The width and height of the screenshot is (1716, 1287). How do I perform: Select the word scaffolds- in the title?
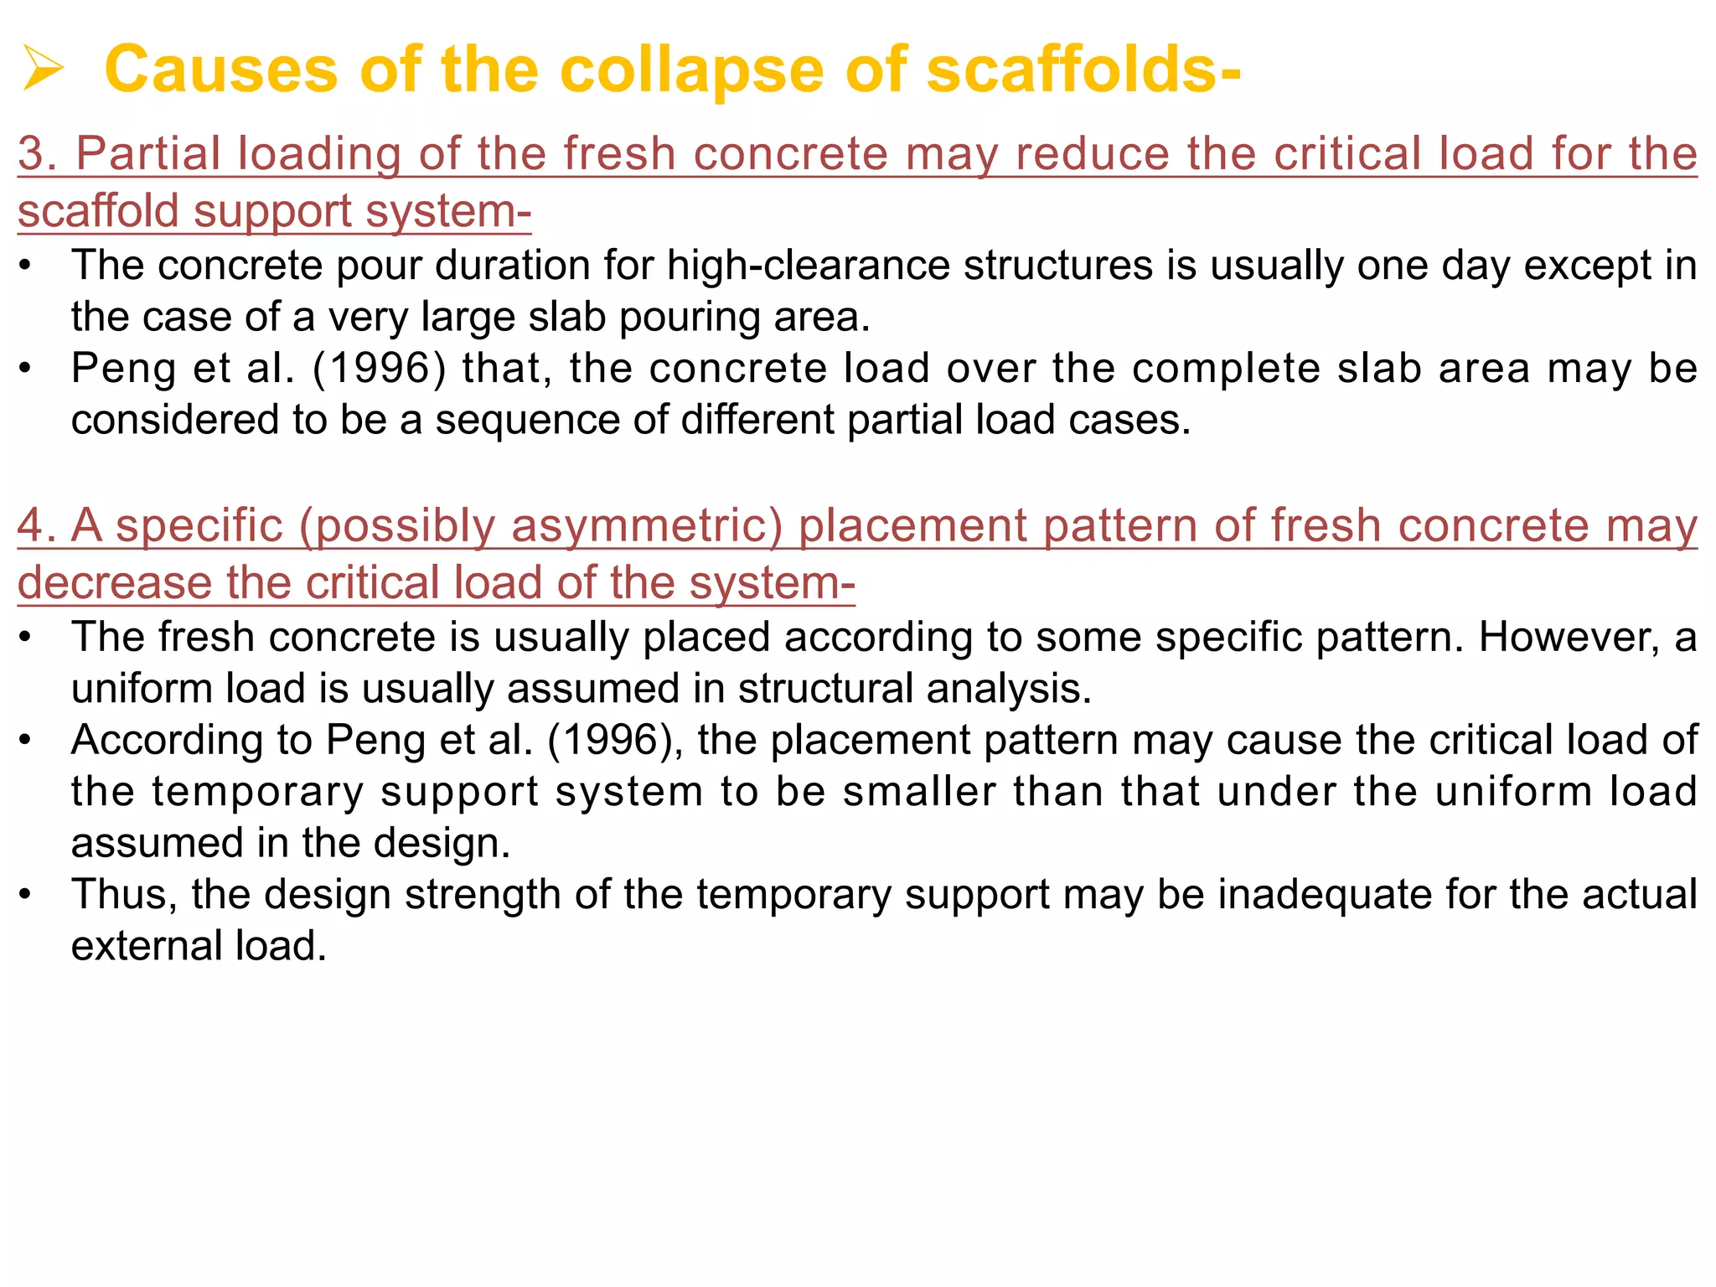pos(1083,70)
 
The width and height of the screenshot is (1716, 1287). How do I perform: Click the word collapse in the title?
pos(691,70)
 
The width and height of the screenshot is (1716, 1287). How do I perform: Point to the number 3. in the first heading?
pos(37,154)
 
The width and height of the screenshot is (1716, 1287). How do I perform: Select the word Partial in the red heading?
pos(148,154)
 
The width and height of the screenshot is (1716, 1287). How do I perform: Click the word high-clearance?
pos(809,266)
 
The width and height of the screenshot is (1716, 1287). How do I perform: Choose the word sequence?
pos(528,420)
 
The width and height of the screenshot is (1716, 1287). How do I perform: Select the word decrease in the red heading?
pos(114,583)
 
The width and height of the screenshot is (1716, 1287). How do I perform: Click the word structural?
pos(825,689)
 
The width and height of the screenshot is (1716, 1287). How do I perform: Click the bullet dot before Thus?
pos(26,895)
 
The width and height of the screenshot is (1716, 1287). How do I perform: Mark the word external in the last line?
pos(145,947)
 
